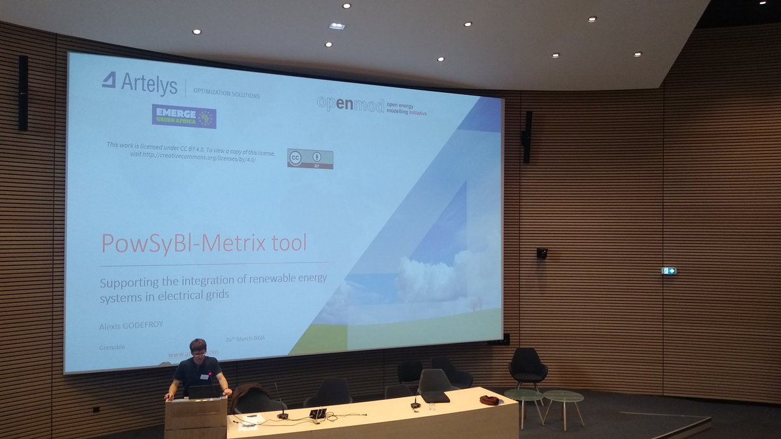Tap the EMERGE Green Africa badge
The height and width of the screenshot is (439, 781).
coord(184,116)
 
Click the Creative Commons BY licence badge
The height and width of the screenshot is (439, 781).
coord(310,159)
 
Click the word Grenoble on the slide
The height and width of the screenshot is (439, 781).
coord(113,347)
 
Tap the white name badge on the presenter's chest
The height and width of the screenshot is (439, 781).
coord(205,376)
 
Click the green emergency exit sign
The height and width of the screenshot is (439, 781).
coord(668,271)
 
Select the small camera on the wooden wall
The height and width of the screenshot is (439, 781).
coord(541,253)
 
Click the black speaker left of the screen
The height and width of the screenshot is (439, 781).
coord(23,92)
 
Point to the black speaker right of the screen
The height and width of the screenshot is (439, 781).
coord(527,136)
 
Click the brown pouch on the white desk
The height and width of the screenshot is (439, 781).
coord(489,400)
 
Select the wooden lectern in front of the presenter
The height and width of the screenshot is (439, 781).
coord(196,417)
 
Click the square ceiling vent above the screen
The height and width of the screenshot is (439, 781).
coord(336,26)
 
